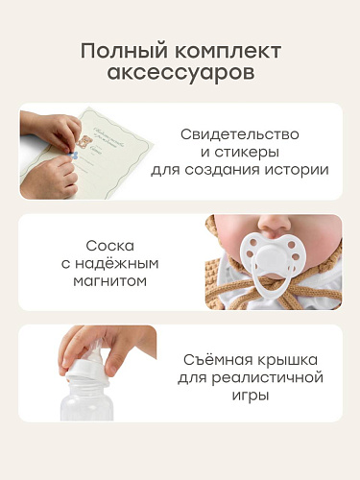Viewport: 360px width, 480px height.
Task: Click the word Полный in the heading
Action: click(x=124, y=52)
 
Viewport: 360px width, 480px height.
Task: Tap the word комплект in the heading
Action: click(x=228, y=52)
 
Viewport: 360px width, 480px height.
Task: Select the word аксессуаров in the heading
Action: click(x=180, y=73)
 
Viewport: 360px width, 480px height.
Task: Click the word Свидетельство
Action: click(x=240, y=134)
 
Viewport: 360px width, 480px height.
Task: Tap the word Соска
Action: click(x=110, y=246)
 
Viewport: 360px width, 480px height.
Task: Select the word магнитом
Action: click(x=110, y=281)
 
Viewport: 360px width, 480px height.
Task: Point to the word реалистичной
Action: click(x=268, y=378)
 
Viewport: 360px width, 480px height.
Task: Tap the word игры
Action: click(x=251, y=396)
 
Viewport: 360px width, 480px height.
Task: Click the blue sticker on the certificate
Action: click(x=74, y=156)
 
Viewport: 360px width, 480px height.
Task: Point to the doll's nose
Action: click(x=275, y=224)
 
